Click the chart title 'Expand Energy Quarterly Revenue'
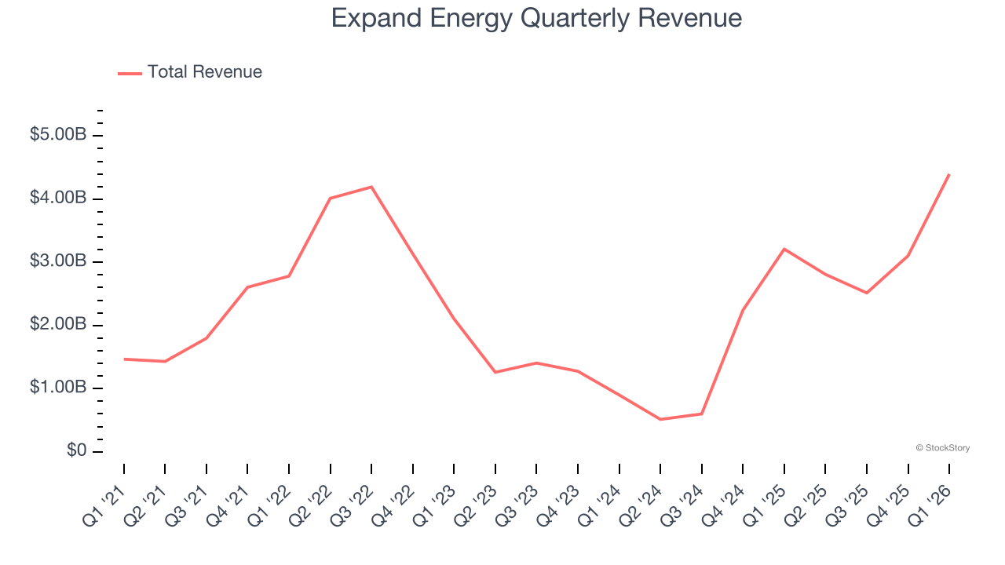[536, 18]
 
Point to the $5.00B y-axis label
[58, 135]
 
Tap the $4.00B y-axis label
[58, 198]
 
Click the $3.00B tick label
[58, 261]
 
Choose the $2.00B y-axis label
[58, 325]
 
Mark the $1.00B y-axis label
[58, 388]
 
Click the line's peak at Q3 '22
[371, 187]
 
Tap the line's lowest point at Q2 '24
[660, 419]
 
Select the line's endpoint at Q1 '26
[949, 174]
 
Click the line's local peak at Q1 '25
[784, 249]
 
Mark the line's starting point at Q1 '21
[124, 359]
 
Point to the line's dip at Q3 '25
[867, 293]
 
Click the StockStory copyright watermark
[942, 448]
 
